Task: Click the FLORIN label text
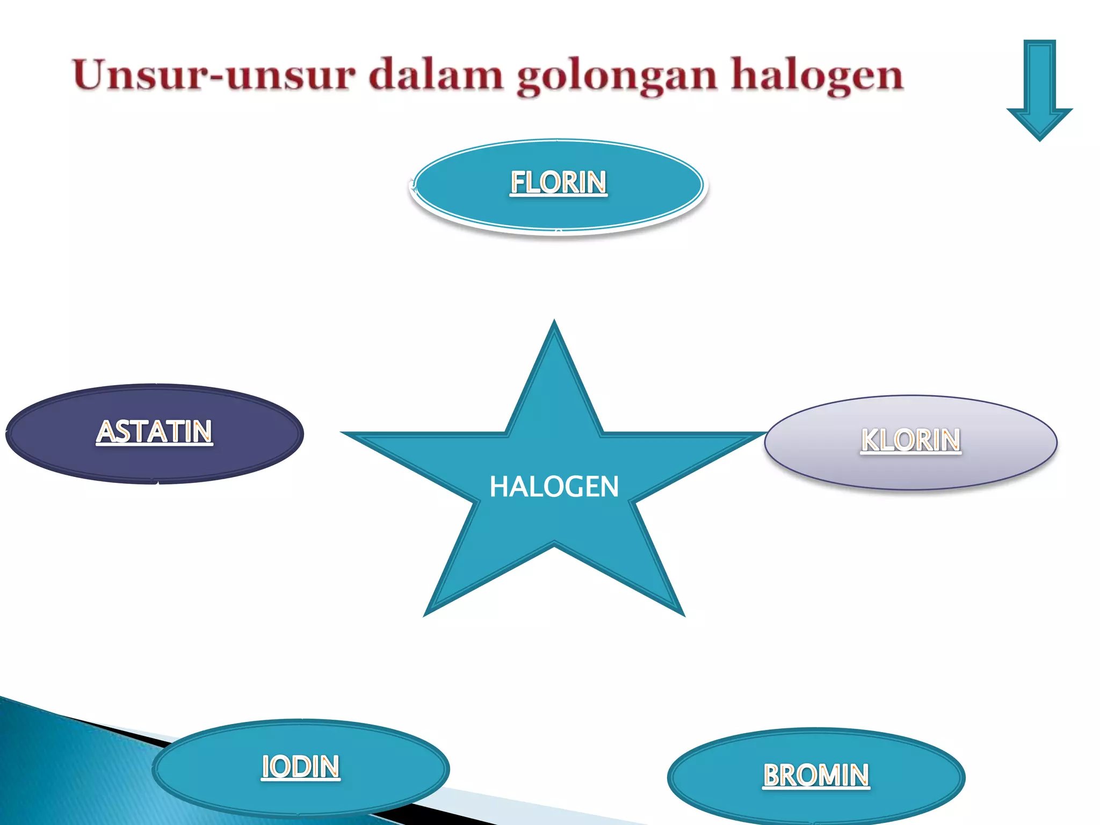click(558, 182)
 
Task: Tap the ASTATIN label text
click(155, 431)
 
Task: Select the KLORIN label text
click(910, 440)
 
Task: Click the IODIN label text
click(301, 766)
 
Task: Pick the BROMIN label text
click(816, 775)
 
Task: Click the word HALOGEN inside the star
click(554, 487)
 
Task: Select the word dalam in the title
click(436, 75)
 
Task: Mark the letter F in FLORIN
click(518, 182)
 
